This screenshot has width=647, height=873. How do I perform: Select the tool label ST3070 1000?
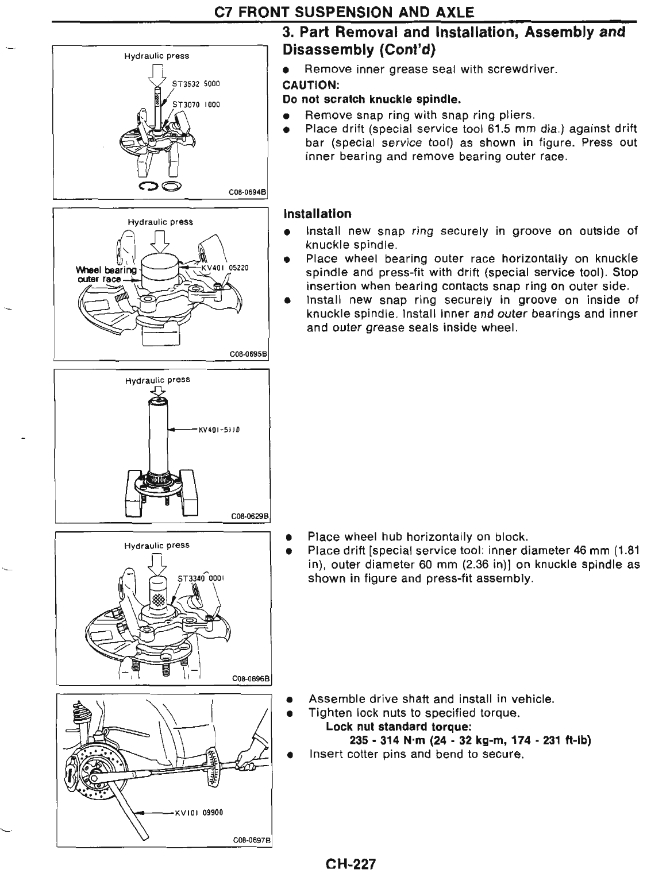197,105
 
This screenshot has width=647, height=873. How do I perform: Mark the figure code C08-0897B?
252,840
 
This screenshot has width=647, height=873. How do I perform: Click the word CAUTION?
308,84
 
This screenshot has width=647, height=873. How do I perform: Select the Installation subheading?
318,214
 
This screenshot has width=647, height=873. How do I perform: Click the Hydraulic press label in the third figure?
157,380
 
